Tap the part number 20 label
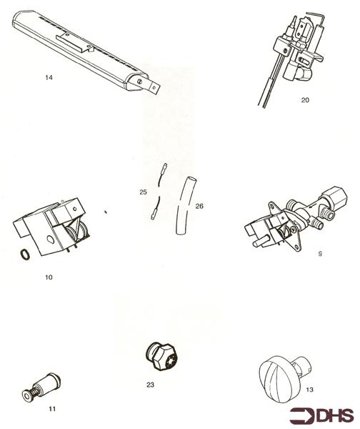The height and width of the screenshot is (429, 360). click(x=305, y=101)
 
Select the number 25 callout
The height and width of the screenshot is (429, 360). click(x=143, y=192)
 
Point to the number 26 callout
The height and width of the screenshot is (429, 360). click(x=199, y=206)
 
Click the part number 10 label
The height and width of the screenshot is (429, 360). click(x=48, y=276)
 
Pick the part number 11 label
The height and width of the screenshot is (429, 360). click(x=52, y=408)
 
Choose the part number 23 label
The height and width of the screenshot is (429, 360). click(x=150, y=385)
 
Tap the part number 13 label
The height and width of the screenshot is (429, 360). click(x=309, y=390)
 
